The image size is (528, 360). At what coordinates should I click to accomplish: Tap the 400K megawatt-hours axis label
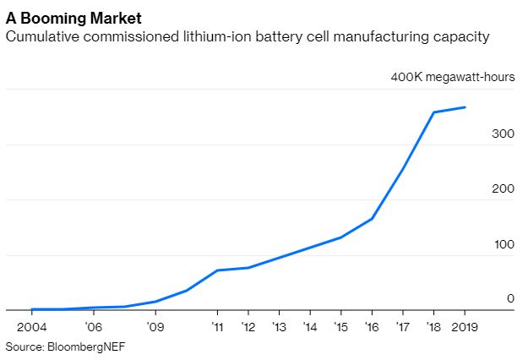pos(452,78)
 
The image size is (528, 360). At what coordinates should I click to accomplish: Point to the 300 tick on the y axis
pos(504,133)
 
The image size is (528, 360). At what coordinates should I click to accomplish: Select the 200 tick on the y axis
pos(504,188)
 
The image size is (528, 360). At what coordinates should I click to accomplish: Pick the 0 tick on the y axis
pos(510,298)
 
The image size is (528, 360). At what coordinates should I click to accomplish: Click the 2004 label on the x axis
pos(32,326)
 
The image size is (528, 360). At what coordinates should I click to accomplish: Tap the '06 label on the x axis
pos(93,326)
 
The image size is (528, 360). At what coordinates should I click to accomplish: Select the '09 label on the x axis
pos(155,326)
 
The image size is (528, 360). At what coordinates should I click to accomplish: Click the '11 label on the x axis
pos(217,326)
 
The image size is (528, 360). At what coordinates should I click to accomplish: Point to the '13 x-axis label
pos(278,326)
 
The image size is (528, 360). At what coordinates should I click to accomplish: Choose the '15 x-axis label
pos(340,326)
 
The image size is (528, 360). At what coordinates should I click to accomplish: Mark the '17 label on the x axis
pos(402,326)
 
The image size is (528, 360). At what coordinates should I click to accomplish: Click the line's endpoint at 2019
pos(464,107)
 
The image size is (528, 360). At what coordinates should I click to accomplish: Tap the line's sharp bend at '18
pos(433,112)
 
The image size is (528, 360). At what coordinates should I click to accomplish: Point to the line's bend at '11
pos(217,270)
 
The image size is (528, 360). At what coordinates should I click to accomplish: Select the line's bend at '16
pos(372,219)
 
